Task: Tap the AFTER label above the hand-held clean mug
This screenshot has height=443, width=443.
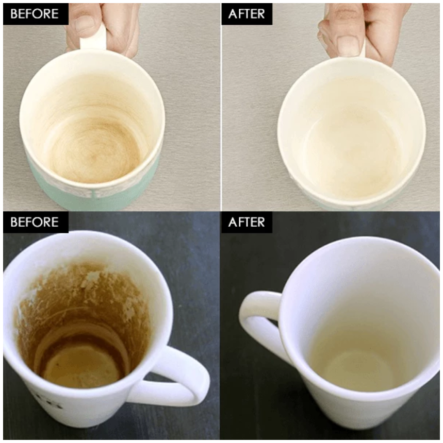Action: click(x=247, y=14)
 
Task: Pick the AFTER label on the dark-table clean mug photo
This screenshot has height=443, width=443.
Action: click(x=247, y=222)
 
